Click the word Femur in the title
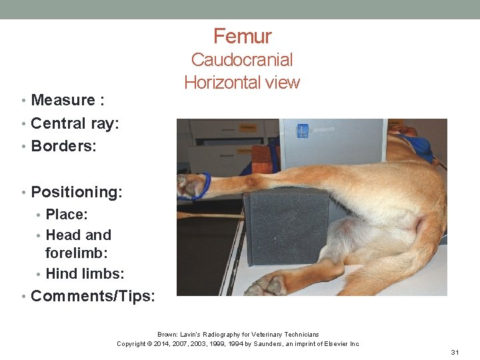pyautogui.click(x=242, y=36)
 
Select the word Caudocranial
pyautogui.click(x=242, y=60)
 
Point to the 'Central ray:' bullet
pyautogui.click(x=75, y=123)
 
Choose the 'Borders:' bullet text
pyautogui.click(x=63, y=146)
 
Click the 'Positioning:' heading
pyautogui.click(x=77, y=192)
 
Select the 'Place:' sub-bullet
pyautogui.click(x=67, y=215)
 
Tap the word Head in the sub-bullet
pyautogui.click(x=62, y=235)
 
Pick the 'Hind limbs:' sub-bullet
pyautogui.click(x=85, y=273)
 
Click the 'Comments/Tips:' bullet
pyautogui.click(x=93, y=295)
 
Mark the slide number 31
pyautogui.click(x=455, y=352)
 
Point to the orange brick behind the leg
pyautogui.click(x=261, y=159)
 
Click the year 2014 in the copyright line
pyautogui.click(x=170, y=343)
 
